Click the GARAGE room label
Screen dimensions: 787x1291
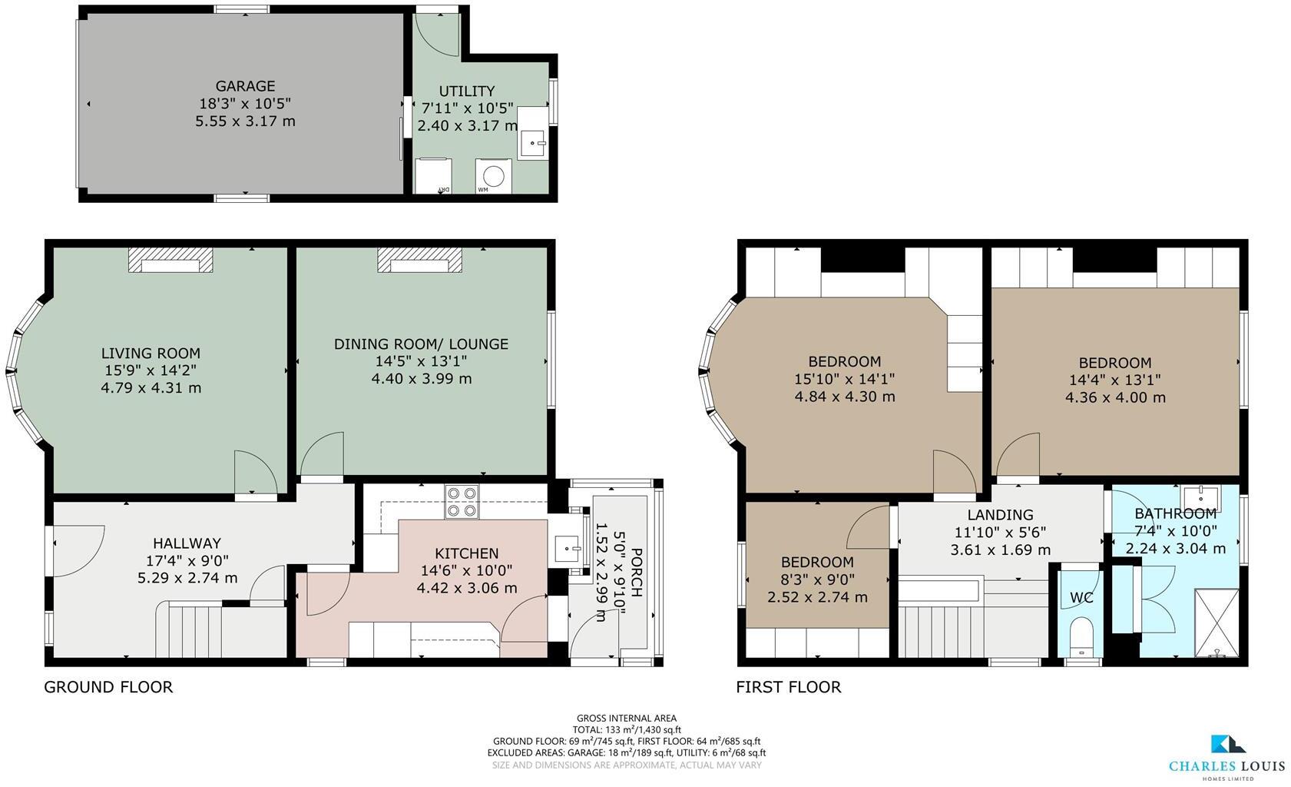click(x=245, y=86)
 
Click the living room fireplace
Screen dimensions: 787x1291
click(x=170, y=261)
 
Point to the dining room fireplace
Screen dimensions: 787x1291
click(x=420, y=261)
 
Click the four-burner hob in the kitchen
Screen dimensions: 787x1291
click(x=462, y=501)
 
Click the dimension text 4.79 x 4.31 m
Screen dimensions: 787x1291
click(x=151, y=388)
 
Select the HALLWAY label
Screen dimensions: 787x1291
click(x=186, y=543)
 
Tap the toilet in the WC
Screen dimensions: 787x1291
click(x=1082, y=631)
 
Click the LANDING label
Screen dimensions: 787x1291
click(x=1000, y=515)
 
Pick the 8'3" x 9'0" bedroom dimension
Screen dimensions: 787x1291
click(x=817, y=579)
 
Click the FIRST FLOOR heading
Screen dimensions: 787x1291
click(x=788, y=687)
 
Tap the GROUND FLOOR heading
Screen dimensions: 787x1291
click(x=108, y=687)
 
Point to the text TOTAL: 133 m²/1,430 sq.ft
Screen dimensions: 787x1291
click(x=627, y=730)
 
